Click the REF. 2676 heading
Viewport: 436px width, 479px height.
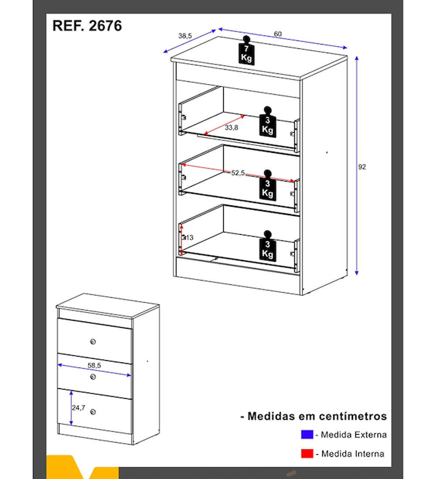pyautogui.click(x=87, y=26)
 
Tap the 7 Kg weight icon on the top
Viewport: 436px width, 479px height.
pyautogui.click(x=246, y=51)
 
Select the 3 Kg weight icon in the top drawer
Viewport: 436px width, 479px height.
pyautogui.click(x=268, y=122)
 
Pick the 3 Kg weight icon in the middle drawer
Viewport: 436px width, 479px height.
pyautogui.click(x=268, y=185)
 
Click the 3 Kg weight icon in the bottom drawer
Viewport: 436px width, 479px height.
pyautogui.click(x=268, y=246)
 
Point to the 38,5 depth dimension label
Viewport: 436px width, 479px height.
pyautogui.click(x=185, y=36)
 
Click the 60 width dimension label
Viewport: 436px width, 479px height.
pyautogui.click(x=278, y=34)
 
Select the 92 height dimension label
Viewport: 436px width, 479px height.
pyautogui.click(x=362, y=167)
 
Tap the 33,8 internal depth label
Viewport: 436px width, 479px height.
pyautogui.click(x=232, y=128)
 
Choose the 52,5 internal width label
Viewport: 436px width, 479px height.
pyautogui.click(x=238, y=173)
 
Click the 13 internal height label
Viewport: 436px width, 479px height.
pyautogui.click(x=189, y=237)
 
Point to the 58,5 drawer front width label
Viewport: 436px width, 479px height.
pyautogui.click(x=94, y=365)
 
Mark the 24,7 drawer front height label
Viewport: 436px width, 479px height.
pyautogui.click(x=78, y=408)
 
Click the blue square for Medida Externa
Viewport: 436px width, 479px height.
pyautogui.click(x=307, y=435)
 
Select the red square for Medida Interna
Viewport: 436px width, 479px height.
pyautogui.click(x=307, y=453)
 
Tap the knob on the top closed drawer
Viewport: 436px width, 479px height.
pyautogui.click(x=93, y=341)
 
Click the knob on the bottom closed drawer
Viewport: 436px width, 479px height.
pyautogui.click(x=93, y=412)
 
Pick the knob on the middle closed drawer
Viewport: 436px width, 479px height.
pyautogui.click(x=93, y=377)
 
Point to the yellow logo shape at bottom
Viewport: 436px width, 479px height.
pyautogui.click(x=82, y=467)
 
